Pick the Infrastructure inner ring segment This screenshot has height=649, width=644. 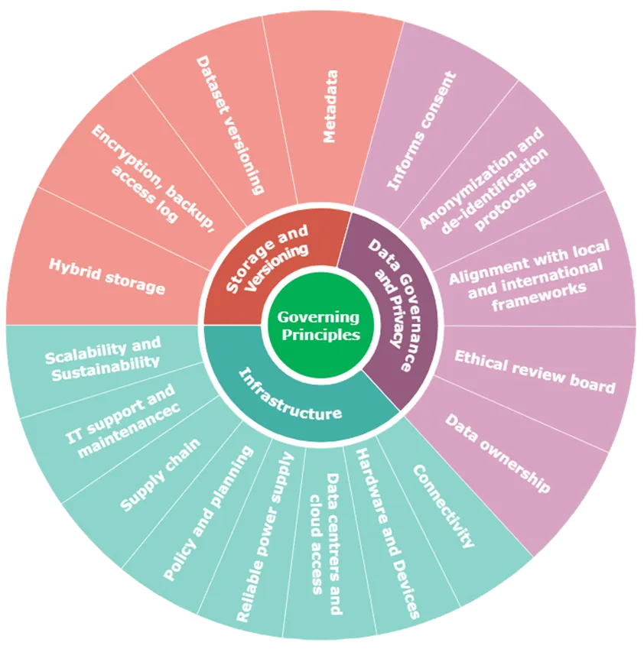pos(291,394)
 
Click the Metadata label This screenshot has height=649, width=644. pos(330,107)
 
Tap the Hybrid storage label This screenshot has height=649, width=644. pos(106,276)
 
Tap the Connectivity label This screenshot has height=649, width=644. pos(444,505)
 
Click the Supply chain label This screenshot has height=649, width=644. pos(160,475)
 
